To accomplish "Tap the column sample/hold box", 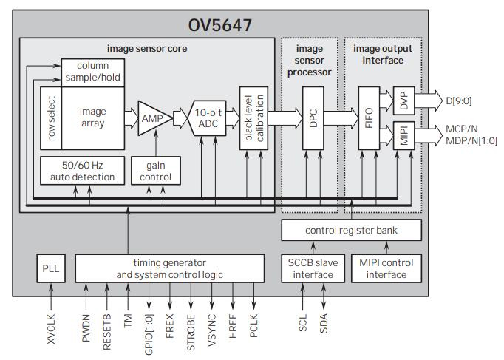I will coord(92,72).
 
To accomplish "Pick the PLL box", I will coord(51,268).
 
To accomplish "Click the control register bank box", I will coord(351,231).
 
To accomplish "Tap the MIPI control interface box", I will coord(386,268).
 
